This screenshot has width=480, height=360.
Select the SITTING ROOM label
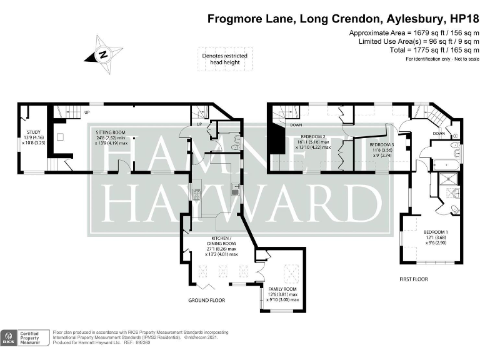tap(111, 132)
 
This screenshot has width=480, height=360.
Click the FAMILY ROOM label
tap(282, 289)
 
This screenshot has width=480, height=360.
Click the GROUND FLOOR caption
tap(206, 300)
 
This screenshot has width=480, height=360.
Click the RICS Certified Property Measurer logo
tap(24, 338)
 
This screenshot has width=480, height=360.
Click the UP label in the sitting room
tap(87, 112)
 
